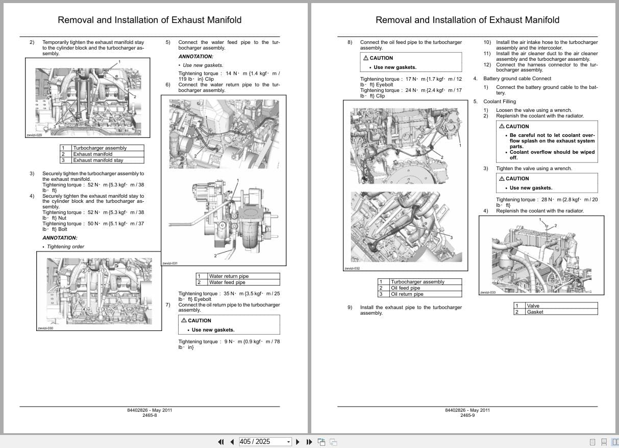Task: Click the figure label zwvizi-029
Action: tap(34, 135)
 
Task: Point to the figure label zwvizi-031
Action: tap(170, 264)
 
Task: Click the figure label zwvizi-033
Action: tap(488, 293)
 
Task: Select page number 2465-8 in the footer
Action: tap(150, 416)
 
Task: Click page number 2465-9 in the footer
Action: tap(467, 416)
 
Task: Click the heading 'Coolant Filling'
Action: tap(500, 102)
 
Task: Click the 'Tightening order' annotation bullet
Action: tap(65, 247)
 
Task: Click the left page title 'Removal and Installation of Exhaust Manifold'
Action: tap(150, 20)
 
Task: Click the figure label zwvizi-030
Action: tap(45, 328)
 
